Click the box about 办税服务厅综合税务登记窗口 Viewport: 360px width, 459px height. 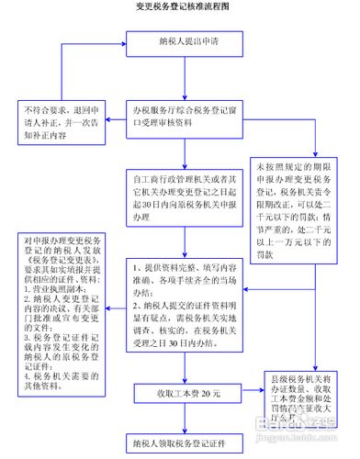191,118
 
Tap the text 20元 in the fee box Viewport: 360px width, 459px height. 212,392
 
